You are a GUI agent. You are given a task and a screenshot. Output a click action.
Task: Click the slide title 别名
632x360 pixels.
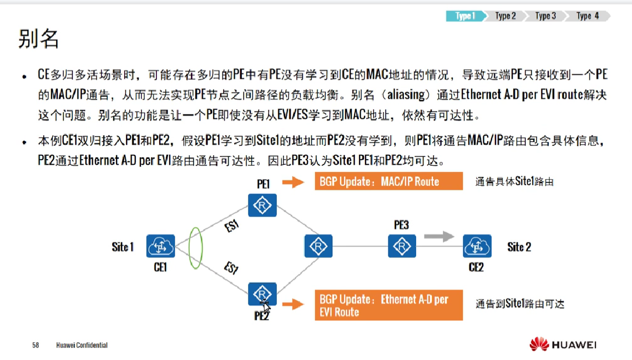pyautogui.click(x=38, y=39)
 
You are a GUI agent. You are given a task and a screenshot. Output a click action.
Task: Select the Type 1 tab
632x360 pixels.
pyautogui.click(x=465, y=16)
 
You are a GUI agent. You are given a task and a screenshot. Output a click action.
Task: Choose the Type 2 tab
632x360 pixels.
pyautogui.click(x=505, y=16)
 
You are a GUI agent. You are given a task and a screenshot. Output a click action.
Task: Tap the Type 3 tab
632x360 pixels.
pyautogui.click(x=545, y=16)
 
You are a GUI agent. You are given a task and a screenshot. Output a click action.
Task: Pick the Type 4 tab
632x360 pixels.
pyautogui.click(x=588, y=16)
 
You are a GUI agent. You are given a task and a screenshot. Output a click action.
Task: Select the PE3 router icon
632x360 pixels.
pyautogui.click(x=401, y=246)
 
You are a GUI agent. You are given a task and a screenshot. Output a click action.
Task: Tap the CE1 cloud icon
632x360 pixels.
pyautogui.click(x=160, y=246)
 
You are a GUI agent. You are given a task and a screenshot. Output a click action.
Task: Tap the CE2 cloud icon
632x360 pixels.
pyautogui.click(x=477, y=246)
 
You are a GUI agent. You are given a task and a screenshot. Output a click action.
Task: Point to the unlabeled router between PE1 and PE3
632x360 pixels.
pyautogui.click(x=318, y=246)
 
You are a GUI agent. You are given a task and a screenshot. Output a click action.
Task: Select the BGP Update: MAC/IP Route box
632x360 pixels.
pyautogui.click(x=388, y=181)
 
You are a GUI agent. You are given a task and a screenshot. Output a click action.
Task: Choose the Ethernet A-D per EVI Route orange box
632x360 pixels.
pyautogui.click(x=388, y=305)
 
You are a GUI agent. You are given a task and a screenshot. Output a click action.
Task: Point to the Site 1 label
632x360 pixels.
pyautogui.click(x=123, y=247)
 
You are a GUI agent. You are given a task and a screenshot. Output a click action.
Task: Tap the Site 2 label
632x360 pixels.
pyautogui.click(x=519, y=247)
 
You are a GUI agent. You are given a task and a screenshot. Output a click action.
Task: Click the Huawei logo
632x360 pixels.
pyautogui.click(x=563, y=344)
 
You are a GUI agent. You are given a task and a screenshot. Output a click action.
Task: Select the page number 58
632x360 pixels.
pyautogui.click(x=36, y=345)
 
